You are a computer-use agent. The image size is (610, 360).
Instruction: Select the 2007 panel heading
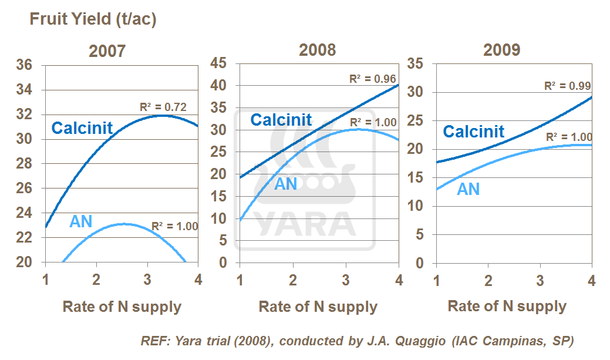tap(107, 51)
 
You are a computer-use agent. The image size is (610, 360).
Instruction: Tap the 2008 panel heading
tap(318, 49)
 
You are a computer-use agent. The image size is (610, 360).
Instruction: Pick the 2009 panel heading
tap(501, 49)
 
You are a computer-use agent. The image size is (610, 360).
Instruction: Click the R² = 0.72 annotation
tap(163, 107)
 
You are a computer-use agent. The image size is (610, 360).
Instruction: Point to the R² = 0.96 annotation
tap(373, 79)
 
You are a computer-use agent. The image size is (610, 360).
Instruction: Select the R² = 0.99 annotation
tap(568, 86)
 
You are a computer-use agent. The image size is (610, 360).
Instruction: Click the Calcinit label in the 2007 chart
tap(82, 128)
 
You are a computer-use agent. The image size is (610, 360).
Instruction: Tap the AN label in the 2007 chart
tap(81, 221)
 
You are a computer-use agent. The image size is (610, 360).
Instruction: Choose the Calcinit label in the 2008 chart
tap(281, 120)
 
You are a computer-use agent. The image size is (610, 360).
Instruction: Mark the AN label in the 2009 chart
tap(469, 189)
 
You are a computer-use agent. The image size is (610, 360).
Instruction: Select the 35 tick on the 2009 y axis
tap(416, 63)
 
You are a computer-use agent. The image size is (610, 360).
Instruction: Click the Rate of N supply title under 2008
tap(318, 307)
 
